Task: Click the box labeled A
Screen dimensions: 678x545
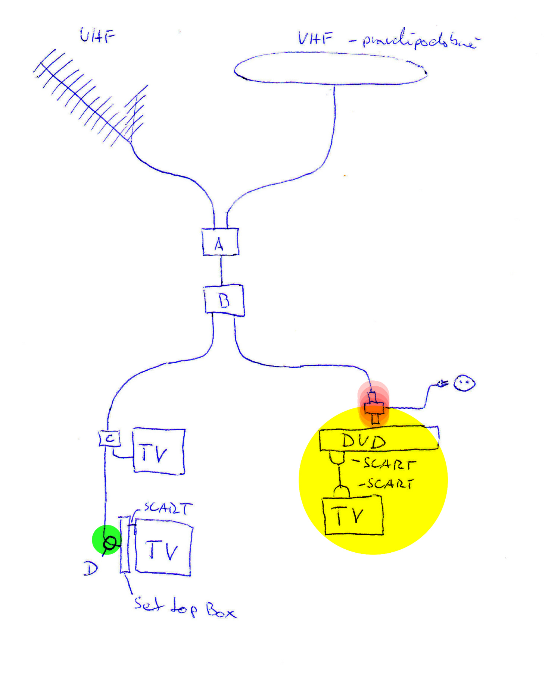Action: (220, 242)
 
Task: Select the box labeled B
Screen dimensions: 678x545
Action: (224, 300)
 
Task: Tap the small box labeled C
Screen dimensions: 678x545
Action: (109, 438)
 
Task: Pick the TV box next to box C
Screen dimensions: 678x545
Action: (159, 451)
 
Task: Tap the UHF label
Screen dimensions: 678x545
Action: (97, 36)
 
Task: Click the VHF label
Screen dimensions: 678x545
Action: (315, 38)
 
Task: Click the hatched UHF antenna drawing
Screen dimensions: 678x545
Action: (90, 99)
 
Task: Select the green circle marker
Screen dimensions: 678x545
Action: (107, 540)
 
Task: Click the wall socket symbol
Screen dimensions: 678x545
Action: (464, 383)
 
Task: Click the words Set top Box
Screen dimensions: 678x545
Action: (185, 607)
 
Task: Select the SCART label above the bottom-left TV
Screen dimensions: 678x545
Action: (168, 508)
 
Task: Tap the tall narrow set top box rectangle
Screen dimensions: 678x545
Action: (125, 544)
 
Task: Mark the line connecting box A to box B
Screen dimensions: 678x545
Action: (221, 270)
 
